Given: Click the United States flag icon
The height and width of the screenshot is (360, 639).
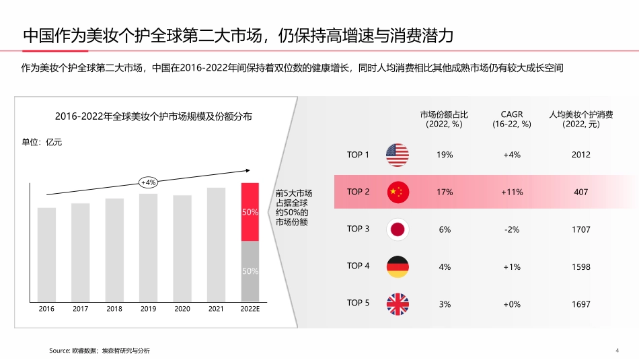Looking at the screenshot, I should click(x=398, y=155).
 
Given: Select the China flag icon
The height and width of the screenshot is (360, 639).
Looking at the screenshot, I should click(x=398, y=192).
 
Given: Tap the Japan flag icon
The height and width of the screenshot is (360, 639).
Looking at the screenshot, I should click(x=398, y=229).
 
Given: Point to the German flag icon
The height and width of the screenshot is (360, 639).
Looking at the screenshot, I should click(x=398, y=266).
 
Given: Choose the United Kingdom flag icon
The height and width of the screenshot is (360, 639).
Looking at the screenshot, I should click(x=398, y=304).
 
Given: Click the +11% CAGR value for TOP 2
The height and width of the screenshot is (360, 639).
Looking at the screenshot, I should click(x=512, y=192).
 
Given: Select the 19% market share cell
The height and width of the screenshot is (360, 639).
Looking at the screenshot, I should click(x=445, y=155).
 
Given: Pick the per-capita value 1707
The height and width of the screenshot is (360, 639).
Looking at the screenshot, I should click(x=581, y=229).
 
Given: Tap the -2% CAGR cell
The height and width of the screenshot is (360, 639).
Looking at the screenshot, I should click(x=512, y=229).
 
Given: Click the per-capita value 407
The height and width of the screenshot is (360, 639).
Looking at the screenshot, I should click(x=581, y=192).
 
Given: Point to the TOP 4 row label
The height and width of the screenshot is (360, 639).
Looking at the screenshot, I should click(x=358, y=266).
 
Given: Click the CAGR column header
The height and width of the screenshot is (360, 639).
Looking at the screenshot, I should click(x=512, y=119).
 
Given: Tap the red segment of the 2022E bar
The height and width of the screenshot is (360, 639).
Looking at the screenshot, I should click(x=250, y=212).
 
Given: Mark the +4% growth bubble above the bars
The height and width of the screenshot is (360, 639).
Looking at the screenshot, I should click(x=148, y=182).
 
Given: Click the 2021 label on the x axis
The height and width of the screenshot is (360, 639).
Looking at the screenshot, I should click(x=216, y=310).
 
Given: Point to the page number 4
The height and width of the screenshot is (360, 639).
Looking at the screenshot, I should click(x=617, y=350).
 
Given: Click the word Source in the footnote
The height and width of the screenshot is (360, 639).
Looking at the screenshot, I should click(x=60, y=351).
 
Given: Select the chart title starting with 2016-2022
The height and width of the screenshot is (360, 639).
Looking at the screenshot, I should click(x=153, y=117).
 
